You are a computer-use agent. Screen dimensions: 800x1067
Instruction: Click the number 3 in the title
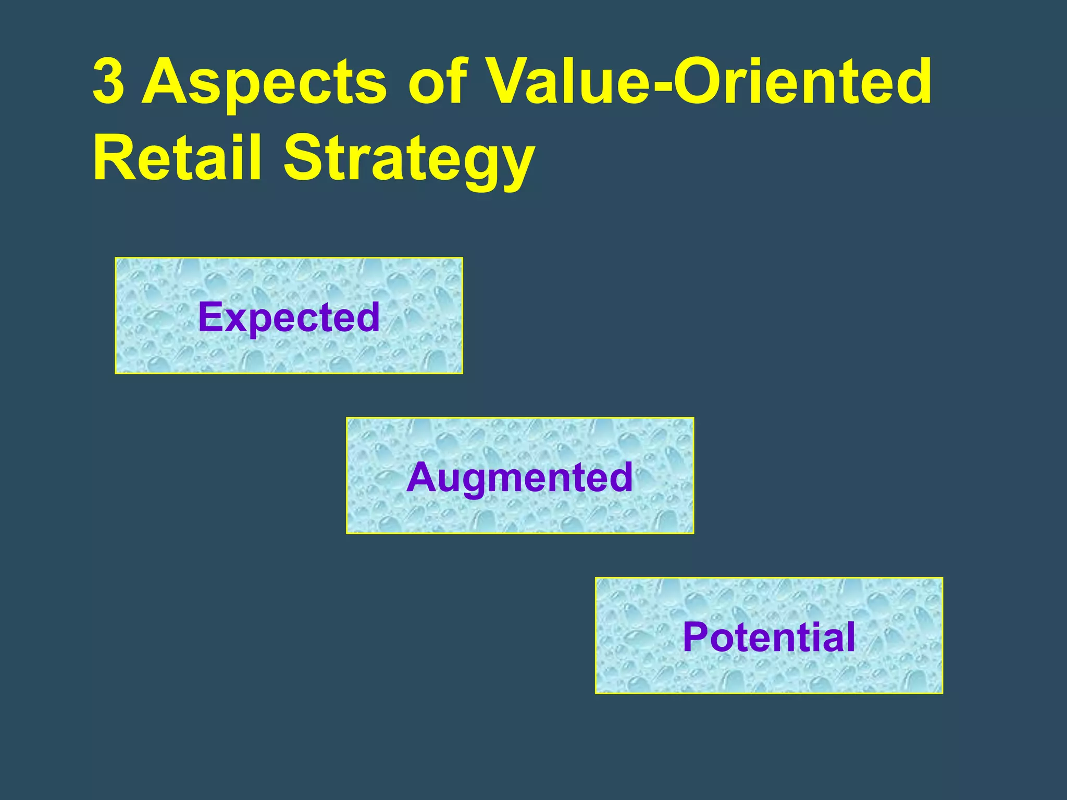(x=108, y=81)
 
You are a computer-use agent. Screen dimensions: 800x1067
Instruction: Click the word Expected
(x=289, y=317)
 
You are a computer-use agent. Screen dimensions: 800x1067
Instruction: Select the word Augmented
(x=519, y=477)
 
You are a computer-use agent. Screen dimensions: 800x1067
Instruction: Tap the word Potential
(x=768, y=637)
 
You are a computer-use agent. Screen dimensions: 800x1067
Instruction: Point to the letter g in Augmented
(x=472, y=482)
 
